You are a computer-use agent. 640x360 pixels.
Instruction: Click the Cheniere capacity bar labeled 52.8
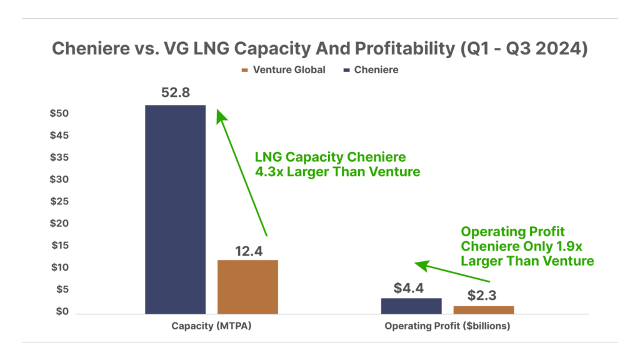click(176, 209)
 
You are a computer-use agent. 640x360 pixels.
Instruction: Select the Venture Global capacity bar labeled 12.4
click(247, 287)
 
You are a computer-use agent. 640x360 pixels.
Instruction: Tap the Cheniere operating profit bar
click(411, 306)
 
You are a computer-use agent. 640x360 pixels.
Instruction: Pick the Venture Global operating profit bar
click(484, 310)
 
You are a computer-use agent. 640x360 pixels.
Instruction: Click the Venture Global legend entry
click(284, 70)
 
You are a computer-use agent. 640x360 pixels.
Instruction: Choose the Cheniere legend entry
click(371, 70)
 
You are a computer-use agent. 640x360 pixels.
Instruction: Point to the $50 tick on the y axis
click(59, 113)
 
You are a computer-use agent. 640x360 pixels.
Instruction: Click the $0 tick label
click(62, 311)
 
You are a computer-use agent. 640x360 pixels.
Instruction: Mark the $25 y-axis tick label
click(59, 201)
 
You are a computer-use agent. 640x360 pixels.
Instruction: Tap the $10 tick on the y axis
click(59, 267)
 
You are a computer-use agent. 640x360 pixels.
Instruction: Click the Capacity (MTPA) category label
click(211, 326)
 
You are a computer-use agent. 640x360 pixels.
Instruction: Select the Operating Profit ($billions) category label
click(447, 326)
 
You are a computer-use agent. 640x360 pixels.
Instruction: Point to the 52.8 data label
click(176, 92)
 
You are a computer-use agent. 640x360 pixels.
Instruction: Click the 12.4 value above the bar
click(249, 251)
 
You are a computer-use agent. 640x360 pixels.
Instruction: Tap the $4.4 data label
click(409, 288)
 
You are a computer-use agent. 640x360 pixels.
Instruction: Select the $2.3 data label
click(482, 295)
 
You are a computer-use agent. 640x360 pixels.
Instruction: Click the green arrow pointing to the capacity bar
click(242, 172)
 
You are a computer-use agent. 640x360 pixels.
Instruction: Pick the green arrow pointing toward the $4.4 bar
click(452, 271)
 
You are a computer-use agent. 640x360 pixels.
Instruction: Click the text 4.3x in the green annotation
click(269, 172)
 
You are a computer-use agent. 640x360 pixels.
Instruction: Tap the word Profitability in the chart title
click(404, 49)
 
